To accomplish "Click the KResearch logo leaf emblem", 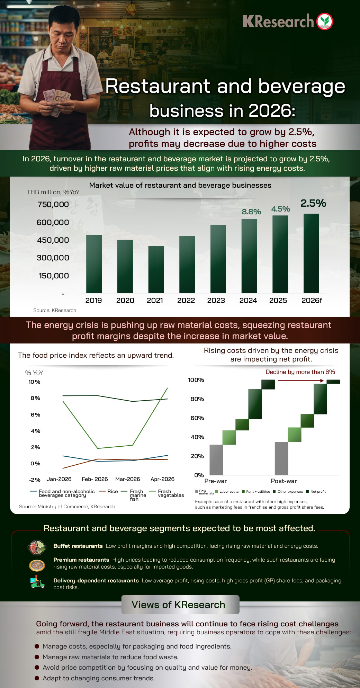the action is point(324,21).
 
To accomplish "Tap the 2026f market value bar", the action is point(311,253).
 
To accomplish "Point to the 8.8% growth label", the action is point(251,212).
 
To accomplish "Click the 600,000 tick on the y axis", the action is point(53,222).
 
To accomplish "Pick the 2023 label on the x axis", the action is point(216,301).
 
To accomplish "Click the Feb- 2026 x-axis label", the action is point(95,479).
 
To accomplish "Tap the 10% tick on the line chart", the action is point(34,382).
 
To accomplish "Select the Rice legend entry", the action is point(108,491).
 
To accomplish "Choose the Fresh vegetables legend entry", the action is point(166,493).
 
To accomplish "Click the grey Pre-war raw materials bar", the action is point(216,460).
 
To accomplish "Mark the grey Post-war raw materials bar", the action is point(281,458).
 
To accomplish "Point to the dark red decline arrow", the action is point(301,381).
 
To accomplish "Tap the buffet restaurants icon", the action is point(37,547).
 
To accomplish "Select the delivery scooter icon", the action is point(37,582).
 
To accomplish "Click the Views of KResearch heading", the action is point(179,605).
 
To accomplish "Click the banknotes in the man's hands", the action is point(57,98).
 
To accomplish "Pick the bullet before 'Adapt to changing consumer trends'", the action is point(37,678).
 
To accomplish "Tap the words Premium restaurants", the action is point(81,560).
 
